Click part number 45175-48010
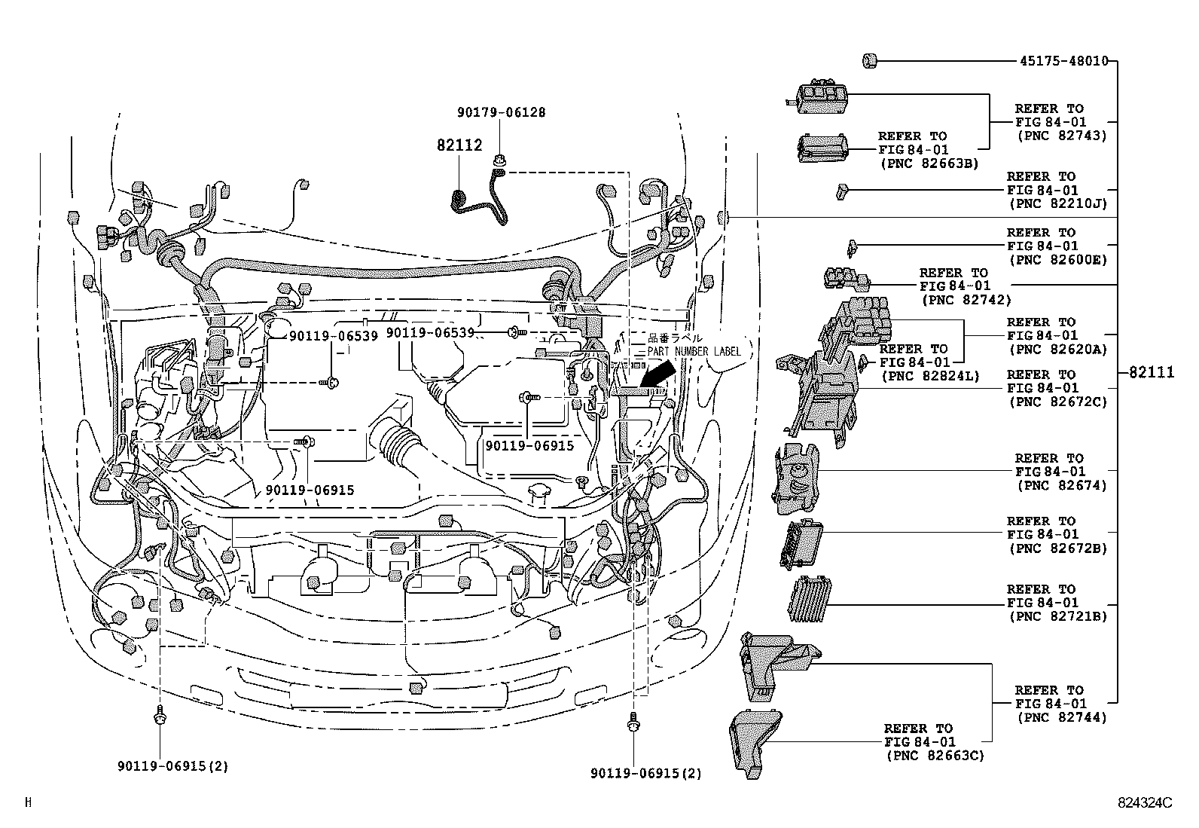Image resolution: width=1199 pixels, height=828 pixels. click(x=1063, y=61)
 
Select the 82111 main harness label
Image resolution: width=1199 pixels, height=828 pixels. click(x=1152, y=372)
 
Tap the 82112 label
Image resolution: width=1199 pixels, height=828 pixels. click(x=459, y=145)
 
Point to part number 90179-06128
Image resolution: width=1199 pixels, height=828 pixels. click(x=501, y=112)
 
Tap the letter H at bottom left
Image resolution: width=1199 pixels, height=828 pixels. click(x=28, y=803)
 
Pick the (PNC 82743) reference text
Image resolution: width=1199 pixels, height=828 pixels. click(x=1061, y=136)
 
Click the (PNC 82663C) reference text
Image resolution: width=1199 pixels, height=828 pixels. click(x=934, y=756)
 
